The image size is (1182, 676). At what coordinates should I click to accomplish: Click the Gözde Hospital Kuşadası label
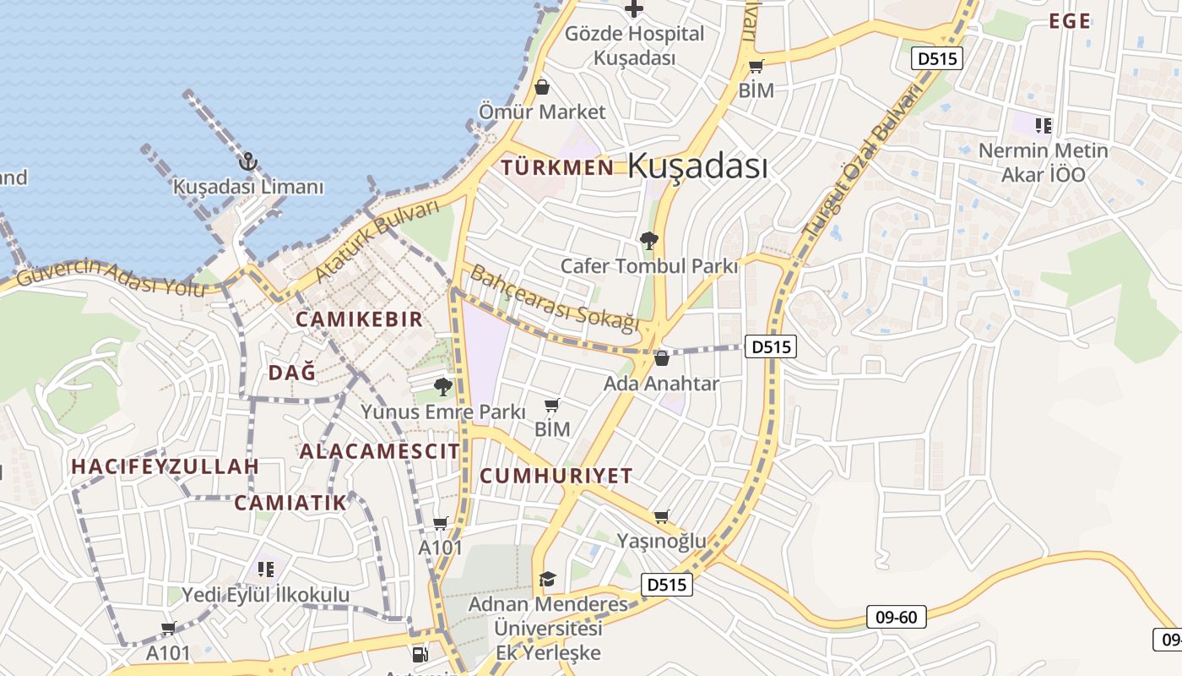[x=634, y=46]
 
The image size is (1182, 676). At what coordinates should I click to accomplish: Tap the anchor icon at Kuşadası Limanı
[x=248, y=161]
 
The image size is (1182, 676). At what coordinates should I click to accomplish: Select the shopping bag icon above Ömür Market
[x=542, y=87]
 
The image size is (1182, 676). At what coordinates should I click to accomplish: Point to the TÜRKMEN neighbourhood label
[x=558, y=167]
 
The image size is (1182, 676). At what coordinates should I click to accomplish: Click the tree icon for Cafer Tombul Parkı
[x=649, y=242]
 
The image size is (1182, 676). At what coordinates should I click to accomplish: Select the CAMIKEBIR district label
[x=359, y=319]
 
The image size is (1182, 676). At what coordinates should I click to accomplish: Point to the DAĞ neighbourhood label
[x=292, y=372]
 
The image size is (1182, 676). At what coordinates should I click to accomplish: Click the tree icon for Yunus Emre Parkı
[x=442, y=387]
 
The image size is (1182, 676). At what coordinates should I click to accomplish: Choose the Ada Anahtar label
[x=661, y=384]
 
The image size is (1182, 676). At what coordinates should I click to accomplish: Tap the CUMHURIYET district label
[x=556, y=476]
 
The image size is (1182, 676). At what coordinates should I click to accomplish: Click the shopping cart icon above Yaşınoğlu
[x=662, y=516]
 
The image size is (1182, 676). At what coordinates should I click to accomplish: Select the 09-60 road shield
[x=897, y=618]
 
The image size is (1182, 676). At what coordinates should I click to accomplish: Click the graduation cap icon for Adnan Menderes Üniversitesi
[x=548, y=579]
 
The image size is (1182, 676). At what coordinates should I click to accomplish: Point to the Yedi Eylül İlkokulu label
[x=266, y=595]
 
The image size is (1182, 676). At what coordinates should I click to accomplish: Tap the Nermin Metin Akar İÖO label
[x=1043, y=163]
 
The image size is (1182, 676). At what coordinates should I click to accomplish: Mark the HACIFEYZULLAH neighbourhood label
[x=165, y=466]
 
